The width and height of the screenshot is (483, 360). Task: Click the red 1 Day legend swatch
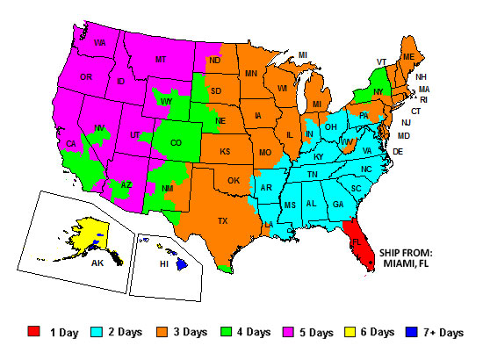coord(34,331)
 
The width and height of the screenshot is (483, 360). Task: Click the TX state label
coord(223,220)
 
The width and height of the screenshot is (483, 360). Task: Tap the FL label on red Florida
coord(357,239)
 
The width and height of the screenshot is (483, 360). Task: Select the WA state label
coord(100,42)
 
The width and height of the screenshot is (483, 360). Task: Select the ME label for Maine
coord(408,56)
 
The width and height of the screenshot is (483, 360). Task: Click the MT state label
coord(161,59)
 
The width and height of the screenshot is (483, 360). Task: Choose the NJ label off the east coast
coord(406,123)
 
